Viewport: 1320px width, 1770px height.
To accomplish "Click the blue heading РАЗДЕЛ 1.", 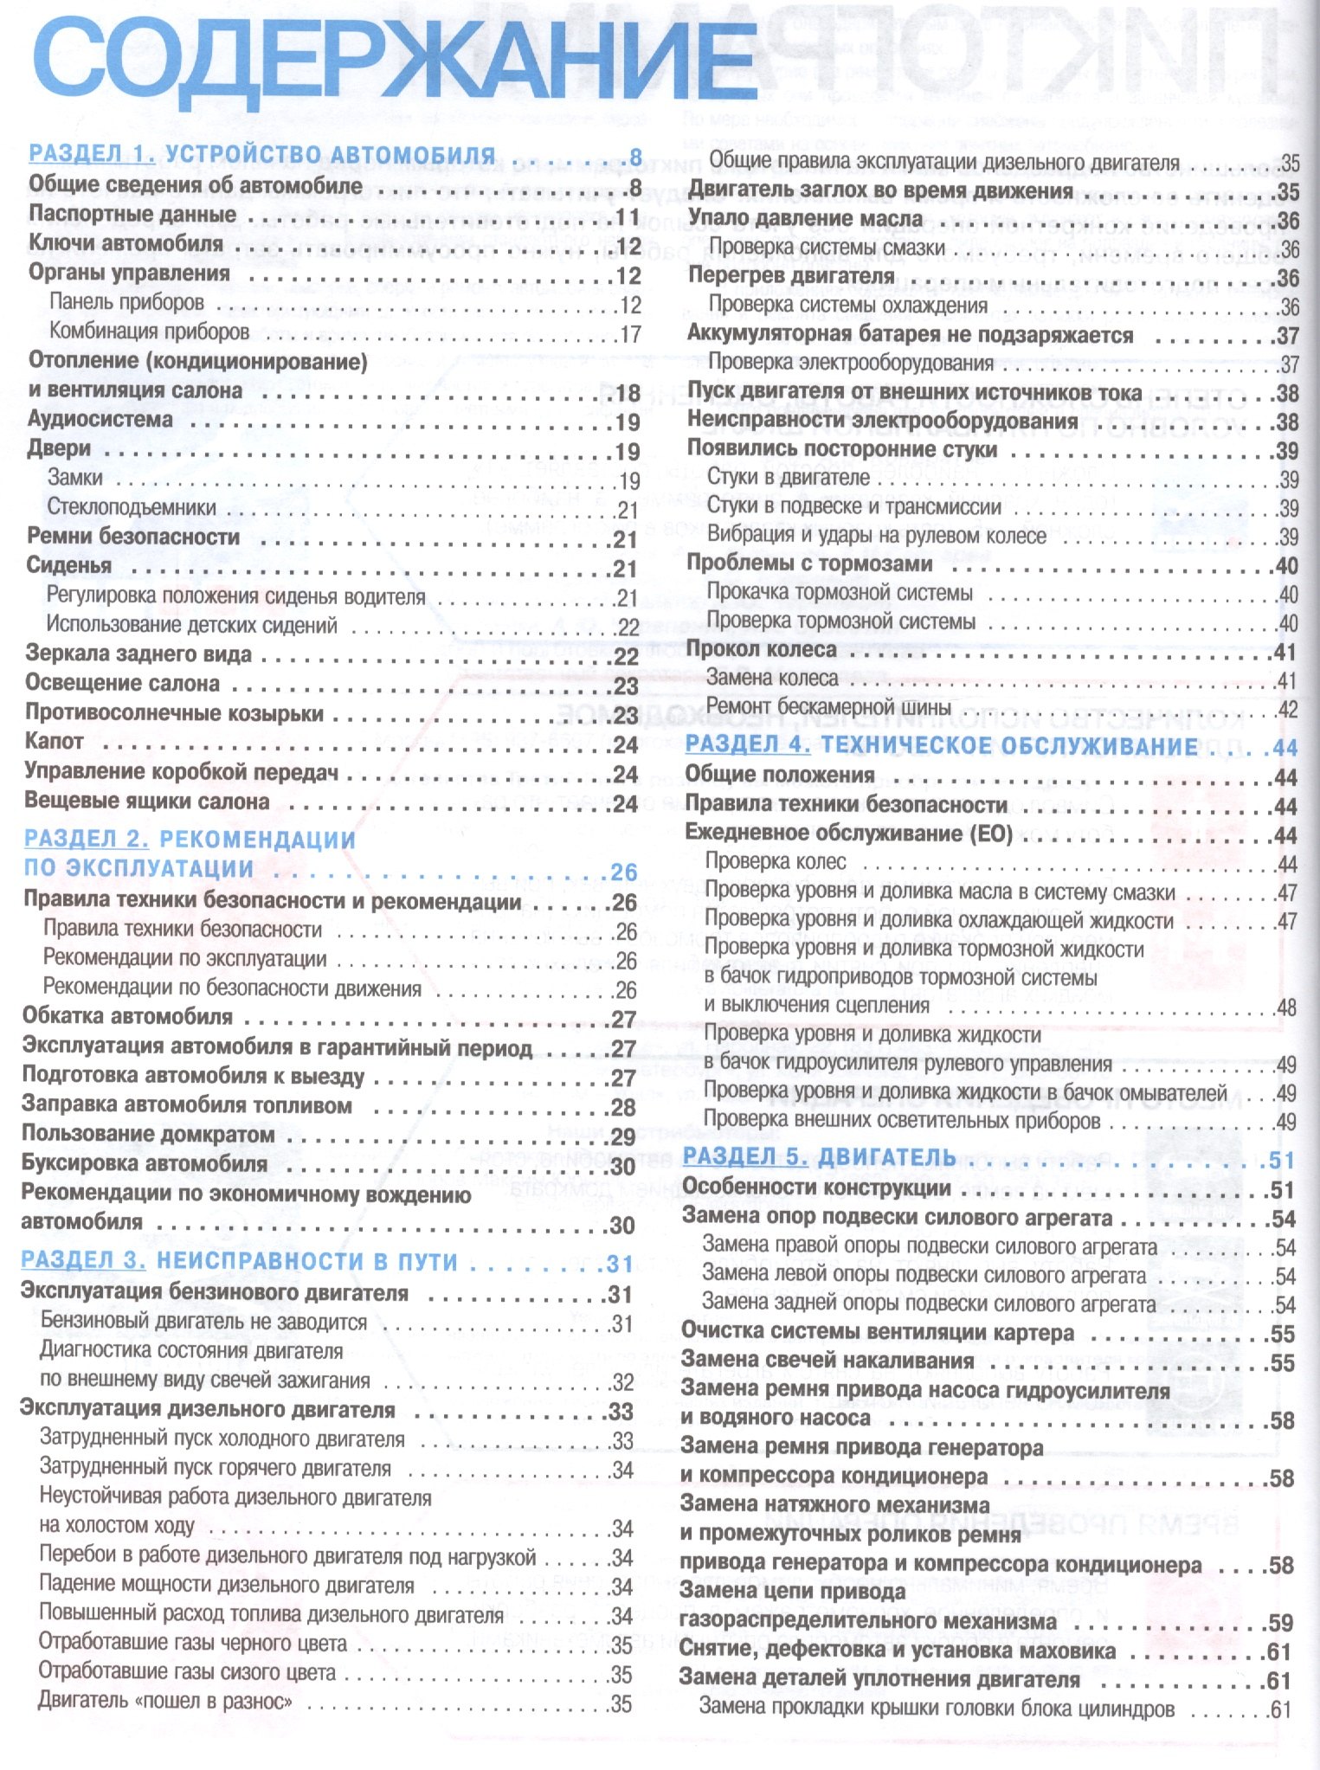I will click(92, 154).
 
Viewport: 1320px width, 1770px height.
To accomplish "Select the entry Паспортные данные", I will click(132, 214).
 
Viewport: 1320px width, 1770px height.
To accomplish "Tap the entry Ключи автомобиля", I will click(126, 243).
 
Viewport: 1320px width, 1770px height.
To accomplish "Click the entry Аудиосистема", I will click(100, 420).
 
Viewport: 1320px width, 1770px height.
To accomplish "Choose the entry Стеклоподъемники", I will click(132, 507).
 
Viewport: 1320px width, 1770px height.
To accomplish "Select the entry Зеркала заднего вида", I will click(138, 654).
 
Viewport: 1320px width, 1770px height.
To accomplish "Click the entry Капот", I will click(55, 742).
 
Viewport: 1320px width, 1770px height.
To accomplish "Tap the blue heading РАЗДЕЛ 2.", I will click(87, 839).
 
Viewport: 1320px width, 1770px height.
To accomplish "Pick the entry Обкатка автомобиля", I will click(127, 1016).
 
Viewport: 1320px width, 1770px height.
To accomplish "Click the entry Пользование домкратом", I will click(148, 1134).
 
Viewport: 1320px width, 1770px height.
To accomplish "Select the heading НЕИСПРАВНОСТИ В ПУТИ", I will click(307, 1262).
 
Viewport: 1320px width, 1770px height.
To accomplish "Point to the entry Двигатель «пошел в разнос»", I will click(165, 1702).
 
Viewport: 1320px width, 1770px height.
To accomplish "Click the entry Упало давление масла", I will click(805, 219).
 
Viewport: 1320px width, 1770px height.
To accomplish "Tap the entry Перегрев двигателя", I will click(790, 276).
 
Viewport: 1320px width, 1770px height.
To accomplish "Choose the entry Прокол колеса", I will click(761, 649).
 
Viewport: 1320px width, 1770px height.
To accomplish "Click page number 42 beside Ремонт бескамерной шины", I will click(1287, 710).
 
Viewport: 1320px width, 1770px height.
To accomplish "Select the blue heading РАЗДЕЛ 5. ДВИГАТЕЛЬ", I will click(819, 1156).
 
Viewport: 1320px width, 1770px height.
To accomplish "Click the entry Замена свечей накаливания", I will click(827, 1360).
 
